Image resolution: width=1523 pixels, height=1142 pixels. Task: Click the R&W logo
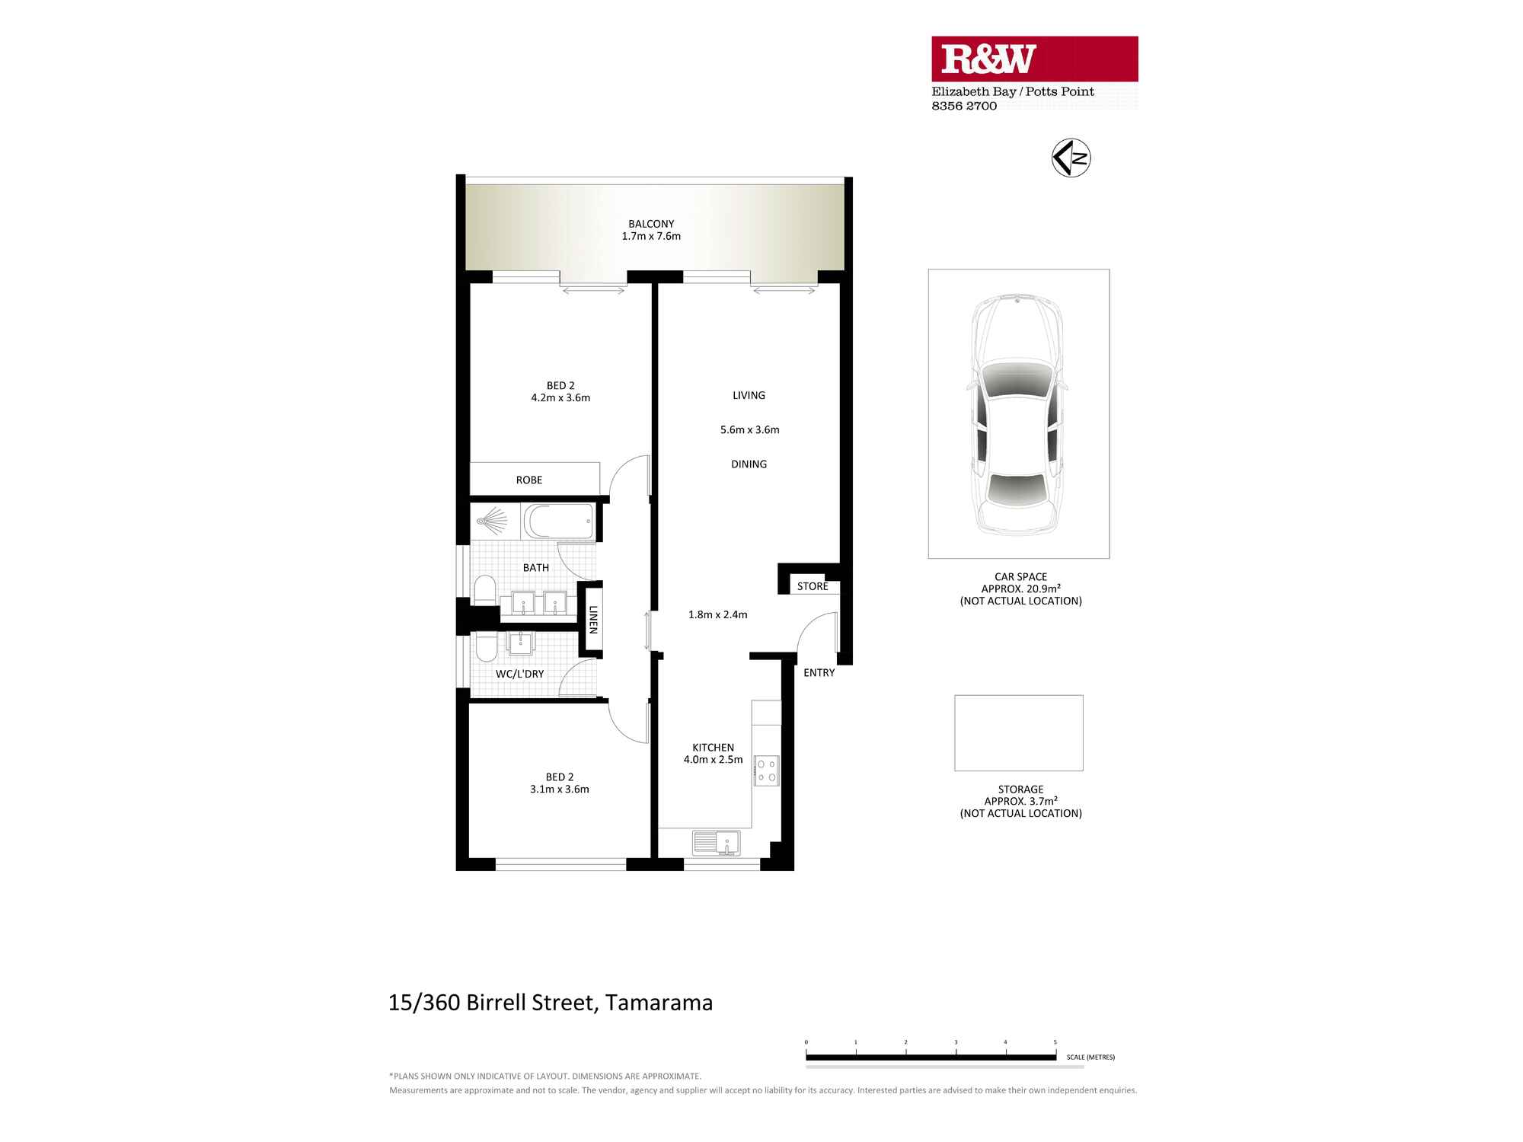[x=988, y=59]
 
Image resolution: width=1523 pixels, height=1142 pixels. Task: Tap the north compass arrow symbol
[x=1071, y=158]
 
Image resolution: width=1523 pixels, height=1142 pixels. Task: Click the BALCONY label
[x=651, y=224]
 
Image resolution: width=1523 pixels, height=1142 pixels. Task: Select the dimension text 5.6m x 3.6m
[x=749, y=429]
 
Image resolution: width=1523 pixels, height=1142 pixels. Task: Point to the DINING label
[x=749, y=464]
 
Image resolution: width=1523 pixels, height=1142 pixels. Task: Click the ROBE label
[x=529, y=480]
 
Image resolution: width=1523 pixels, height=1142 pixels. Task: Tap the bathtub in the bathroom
[x=559, y=522]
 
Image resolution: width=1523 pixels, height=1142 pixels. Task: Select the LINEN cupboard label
[x=593, y=620]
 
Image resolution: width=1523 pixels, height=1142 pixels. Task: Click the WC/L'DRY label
[x=519, y=674]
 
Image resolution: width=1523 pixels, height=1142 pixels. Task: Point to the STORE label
[x=813, y=586]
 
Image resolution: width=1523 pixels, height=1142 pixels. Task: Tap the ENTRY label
[x=819, y=673]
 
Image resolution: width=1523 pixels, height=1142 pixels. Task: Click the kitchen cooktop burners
[x=766, y=770]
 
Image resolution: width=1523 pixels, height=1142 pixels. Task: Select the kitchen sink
[x=717, y=844]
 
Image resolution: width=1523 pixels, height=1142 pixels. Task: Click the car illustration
[x=1017, y=414]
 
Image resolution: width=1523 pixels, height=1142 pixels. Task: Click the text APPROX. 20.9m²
[x=1020, y=589]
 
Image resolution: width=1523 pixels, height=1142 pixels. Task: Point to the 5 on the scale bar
[x=1055, y=1042]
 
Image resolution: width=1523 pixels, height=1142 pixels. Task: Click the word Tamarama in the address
[x=659, y=1003]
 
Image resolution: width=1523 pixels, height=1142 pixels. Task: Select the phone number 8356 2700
[x=964, y=106]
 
